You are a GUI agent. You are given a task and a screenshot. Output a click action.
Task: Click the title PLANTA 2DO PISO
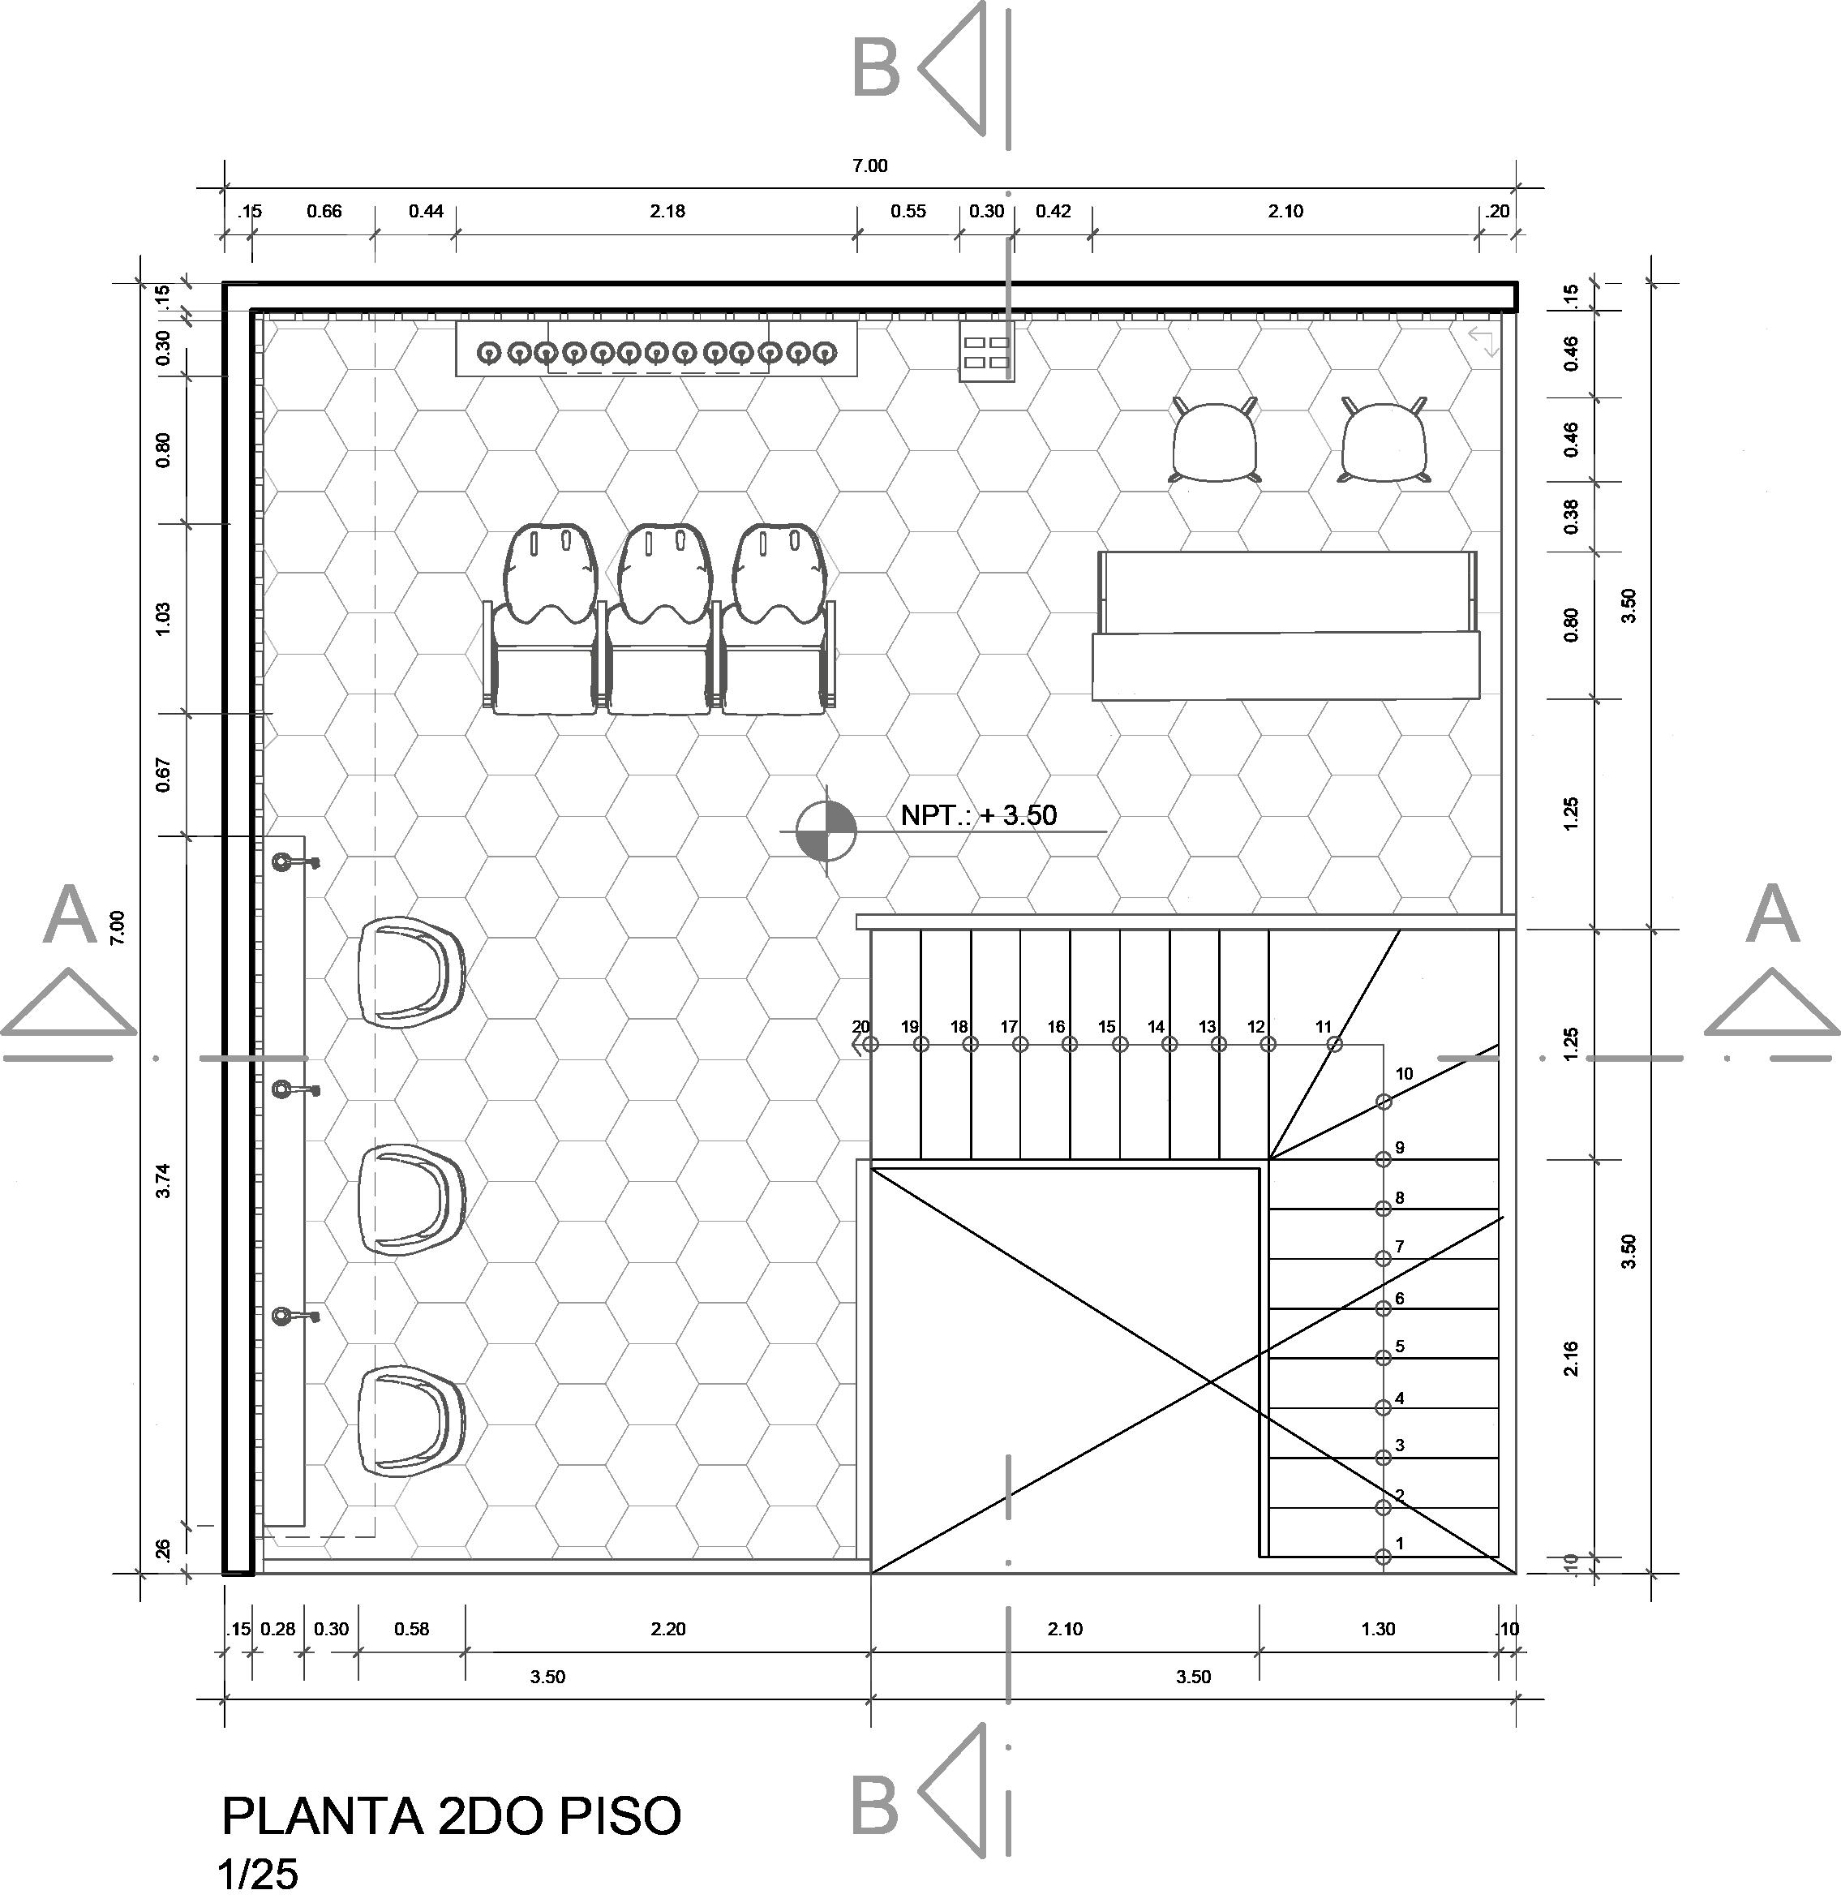point(453,1815)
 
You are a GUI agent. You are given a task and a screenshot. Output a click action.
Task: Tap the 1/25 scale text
point(258,1875)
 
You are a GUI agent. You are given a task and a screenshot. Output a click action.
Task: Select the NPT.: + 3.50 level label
point(978,814)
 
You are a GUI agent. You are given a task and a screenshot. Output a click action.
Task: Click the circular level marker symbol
point(826,830)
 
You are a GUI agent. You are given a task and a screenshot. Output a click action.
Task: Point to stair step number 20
point(860,1026)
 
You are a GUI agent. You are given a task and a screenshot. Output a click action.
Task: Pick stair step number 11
point(1324,1026)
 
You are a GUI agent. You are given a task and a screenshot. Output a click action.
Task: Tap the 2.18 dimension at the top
point(667,211)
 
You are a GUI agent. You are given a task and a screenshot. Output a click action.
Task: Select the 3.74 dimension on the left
point(163,1179)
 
